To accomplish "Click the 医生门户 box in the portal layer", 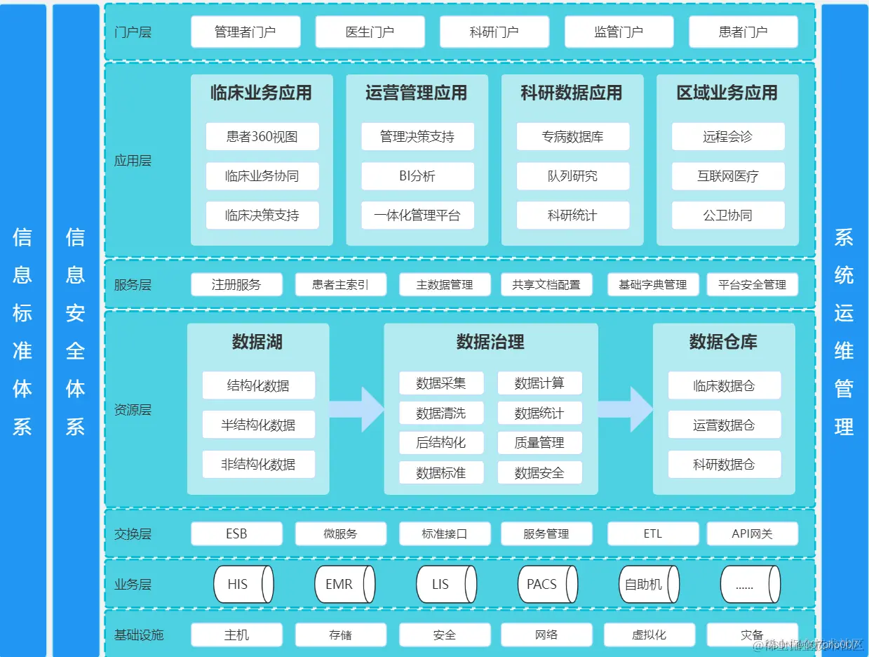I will click(x=370, y=32).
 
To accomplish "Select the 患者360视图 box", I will click(x=262, y=136).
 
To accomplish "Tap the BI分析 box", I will click(x=417, y=176).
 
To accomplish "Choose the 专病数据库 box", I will click(x=573, y=136).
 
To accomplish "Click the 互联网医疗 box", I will click(x=728, y=176).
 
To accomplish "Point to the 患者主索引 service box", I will click(x=341, y=284).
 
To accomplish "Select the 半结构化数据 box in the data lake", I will click(x=258, y=425).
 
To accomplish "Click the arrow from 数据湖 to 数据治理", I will click(x=356, y=409).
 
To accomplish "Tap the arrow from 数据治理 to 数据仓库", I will click(x=625, y=409).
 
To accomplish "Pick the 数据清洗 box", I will click(x=441, y=413).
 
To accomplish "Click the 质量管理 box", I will click(x=539, y=443).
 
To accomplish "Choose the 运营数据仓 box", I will click(x=724, y=425).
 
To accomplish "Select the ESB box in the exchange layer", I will click(x=236, y=533).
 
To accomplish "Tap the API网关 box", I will click(x=752, y=533).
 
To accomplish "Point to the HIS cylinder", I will click(x=243, y=584).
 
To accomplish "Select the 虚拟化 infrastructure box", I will click(x=649, y=635).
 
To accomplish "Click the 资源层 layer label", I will click(x=133, y=410).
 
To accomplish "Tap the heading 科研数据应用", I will click(x=572, y=93).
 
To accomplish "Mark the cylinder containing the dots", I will click(x=750, y=584).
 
